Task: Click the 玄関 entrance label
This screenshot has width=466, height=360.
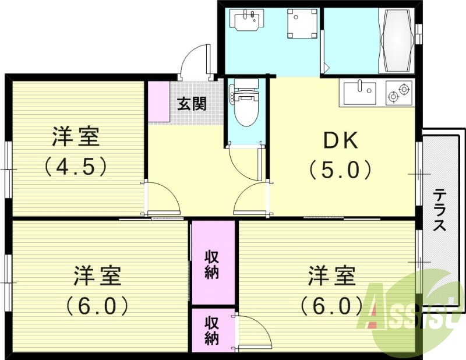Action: (x=192, y=105)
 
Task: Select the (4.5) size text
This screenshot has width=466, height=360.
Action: (x=76, y=167)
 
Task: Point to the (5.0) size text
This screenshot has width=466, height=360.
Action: (x=341, y=170)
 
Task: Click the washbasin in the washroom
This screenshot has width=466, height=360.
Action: (x=249, y=22)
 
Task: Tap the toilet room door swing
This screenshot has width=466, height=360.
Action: (x=243, y=163)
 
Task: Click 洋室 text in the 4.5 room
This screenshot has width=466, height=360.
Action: (x=76, y=138)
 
